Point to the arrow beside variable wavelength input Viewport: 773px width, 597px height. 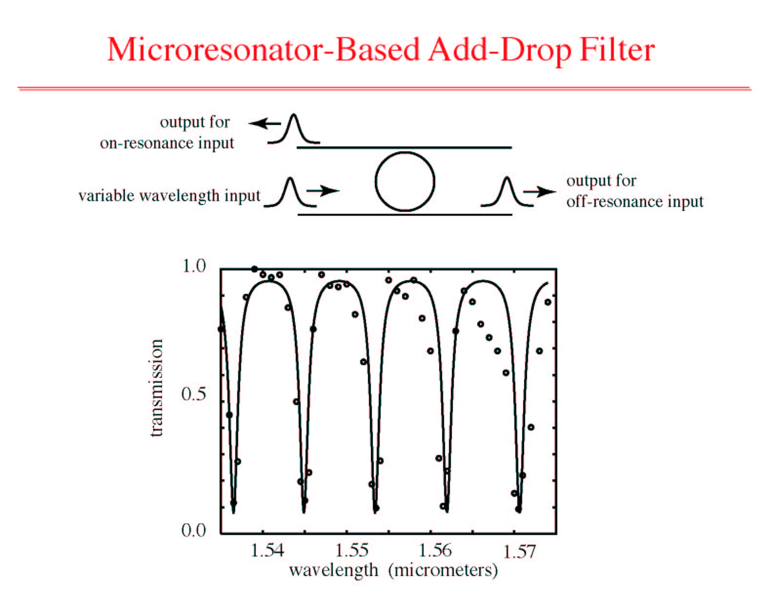pyautogui.click(x=323, y=190)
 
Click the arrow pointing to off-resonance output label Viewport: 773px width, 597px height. pyautogui.click(x=540, y=192)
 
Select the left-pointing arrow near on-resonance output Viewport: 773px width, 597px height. pyautogui.click(x=264, y=124)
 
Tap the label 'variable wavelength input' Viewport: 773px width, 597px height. pyautogui.click(x=169, y=196)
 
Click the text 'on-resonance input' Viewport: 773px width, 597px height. pyautogui.click(x=167, y=143)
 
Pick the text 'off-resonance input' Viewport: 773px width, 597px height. pyautogui.click(x=635, y=202)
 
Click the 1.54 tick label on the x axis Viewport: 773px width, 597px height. pyautogui.click(x=267, y=551)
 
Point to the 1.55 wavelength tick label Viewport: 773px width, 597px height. pyautogui.click(x=351, y=551)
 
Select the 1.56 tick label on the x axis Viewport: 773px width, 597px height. pyautogui.click(x=435, y=551)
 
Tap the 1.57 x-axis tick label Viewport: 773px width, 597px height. pyautogui.click(x=519, y=552)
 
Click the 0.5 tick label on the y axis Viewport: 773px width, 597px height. pyautogui.click(x=194, y=394)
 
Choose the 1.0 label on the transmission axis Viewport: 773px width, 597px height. pyautogui.click(x=194, y=266)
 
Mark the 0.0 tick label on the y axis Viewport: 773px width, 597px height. pyautogui.click(x=194, y=530)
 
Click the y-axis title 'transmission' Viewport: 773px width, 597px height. pyautogui.click(x=157, y=388)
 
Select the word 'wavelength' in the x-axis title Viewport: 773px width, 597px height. pyautogui.click(x=334, y=571)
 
